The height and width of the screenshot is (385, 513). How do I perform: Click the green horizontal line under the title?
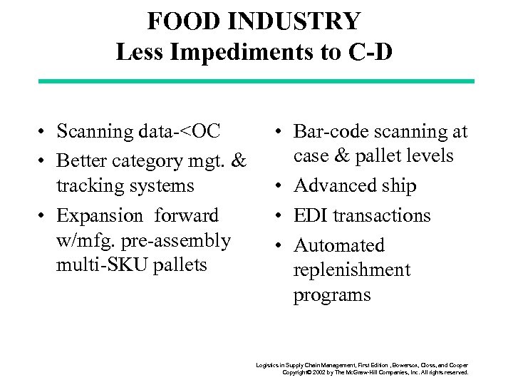(x=256, y=81)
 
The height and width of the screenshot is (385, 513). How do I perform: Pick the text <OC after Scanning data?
(x=199, y=132)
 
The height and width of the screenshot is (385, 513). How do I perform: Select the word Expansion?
(x=100, y=215)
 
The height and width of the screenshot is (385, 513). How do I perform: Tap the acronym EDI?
(x=312, y=215)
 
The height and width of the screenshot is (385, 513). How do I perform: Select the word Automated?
(x=339, y=245)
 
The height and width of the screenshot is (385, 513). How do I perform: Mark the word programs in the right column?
(x=332, y=295)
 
